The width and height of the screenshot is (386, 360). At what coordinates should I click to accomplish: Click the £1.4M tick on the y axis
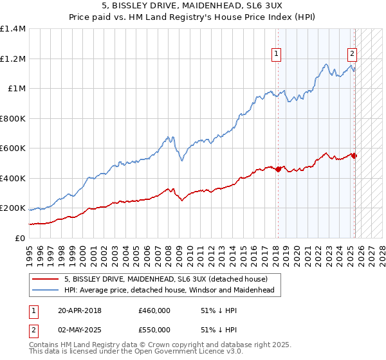point(13,29)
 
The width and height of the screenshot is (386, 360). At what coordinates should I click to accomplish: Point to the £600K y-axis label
point(13,148)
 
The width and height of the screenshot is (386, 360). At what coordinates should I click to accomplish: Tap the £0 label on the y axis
point(19,239)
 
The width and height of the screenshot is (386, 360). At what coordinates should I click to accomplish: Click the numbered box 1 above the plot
point(276,54)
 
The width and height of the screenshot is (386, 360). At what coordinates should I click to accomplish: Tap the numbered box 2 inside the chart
point(353,54)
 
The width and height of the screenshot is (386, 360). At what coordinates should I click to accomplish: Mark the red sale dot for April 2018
point(278,170)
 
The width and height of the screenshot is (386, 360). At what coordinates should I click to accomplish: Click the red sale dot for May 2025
point(354,156)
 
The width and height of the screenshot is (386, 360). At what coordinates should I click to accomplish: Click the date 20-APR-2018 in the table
point(80,310)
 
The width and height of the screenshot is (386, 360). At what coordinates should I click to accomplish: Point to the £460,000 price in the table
point(154,310)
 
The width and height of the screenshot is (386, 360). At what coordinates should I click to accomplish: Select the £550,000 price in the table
point(154,329)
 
